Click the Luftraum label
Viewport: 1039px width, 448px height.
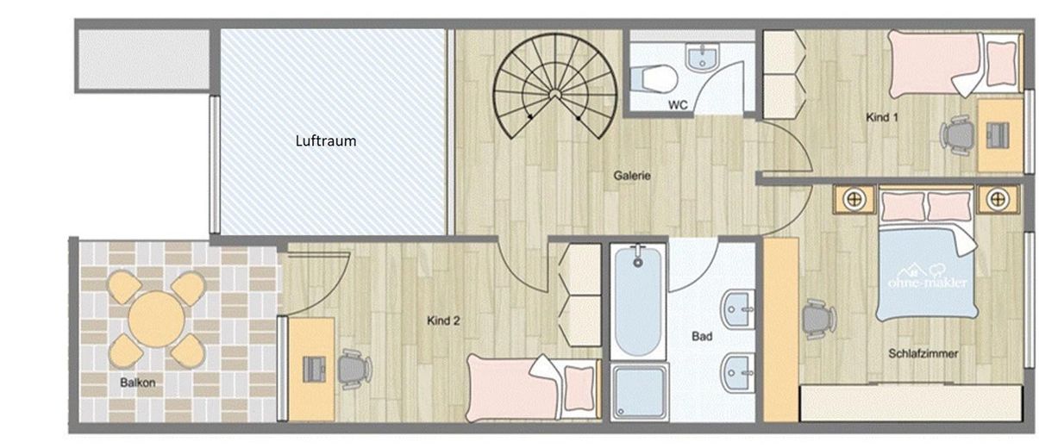[326, 140]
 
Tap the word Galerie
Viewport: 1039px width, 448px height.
[632, 176]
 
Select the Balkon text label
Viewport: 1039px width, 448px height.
[137, 383]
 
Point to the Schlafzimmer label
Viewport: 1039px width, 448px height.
[923, 353]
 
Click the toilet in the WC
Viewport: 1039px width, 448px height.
[654, 78]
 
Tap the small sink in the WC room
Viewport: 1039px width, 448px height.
[702, 58]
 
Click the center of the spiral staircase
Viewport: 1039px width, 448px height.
[554, 95]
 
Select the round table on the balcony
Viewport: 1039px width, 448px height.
[156, 320]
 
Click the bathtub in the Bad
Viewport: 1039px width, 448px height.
[638, 302]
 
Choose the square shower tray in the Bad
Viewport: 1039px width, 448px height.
[639, 392]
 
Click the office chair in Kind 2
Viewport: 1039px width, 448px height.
[355, 369]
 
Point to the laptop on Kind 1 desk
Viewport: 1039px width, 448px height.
[998, 134]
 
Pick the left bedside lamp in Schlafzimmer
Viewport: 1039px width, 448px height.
[854, 200]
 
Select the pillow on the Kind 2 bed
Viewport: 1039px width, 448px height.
[579, 388]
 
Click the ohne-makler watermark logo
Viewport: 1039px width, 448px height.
[927, 277]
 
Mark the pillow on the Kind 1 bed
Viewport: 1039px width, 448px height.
[1001, 63]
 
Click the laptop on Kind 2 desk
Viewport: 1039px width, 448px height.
[314, 370]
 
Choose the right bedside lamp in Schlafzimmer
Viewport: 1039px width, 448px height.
[998, 200]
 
